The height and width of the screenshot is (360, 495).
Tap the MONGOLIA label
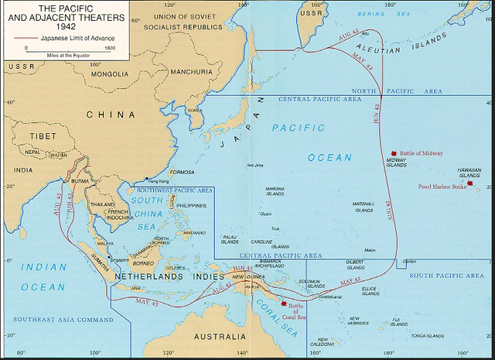(109, 74)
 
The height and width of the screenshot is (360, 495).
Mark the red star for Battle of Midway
(394, 153)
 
